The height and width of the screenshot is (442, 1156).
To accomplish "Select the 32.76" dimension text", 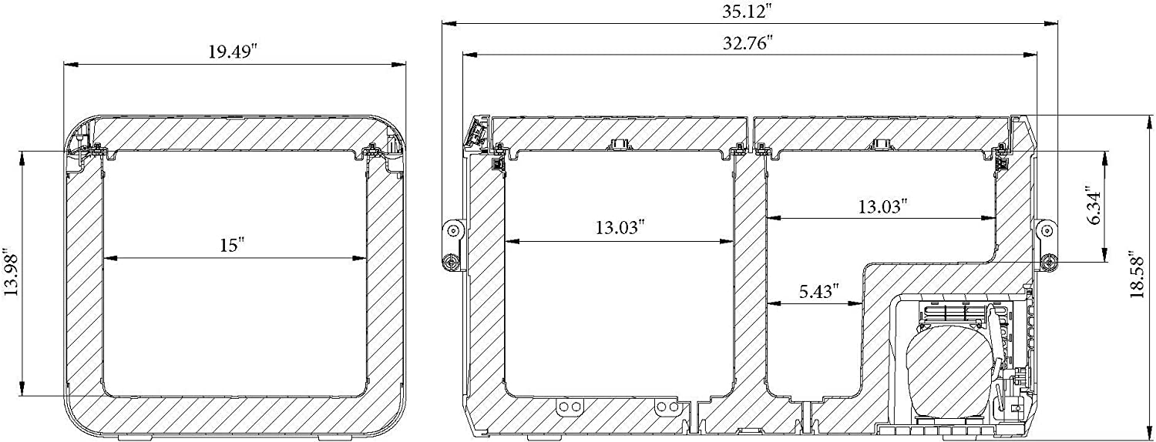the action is point(747,42).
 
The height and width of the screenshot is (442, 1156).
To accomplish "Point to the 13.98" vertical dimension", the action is point(12,274).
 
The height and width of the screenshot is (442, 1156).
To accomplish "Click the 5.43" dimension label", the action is point(816,292).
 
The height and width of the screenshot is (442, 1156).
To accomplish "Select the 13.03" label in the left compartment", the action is point(620,227).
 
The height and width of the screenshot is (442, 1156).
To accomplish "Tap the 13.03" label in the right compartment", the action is point(882,207).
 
